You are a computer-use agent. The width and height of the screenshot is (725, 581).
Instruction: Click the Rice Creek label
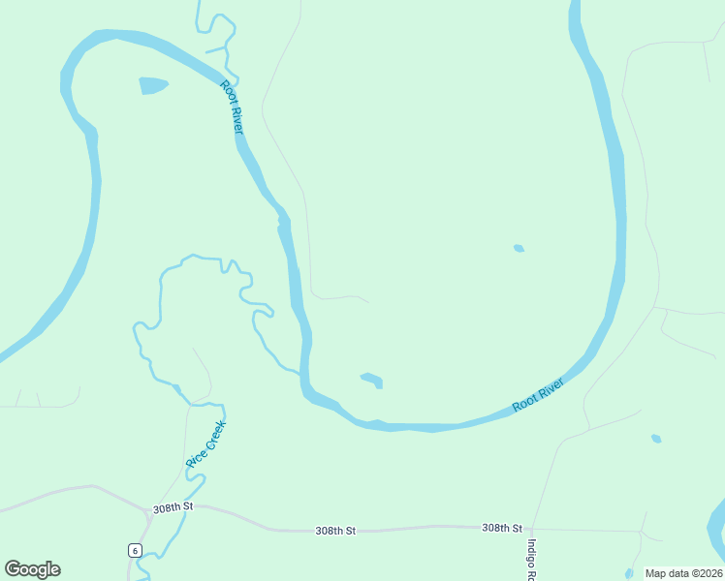[x=205, y=444]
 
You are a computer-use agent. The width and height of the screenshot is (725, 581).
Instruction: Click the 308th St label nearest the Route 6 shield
[x=173, y=507]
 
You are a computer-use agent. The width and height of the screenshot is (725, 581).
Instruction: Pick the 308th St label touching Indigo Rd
[x=502, y=528]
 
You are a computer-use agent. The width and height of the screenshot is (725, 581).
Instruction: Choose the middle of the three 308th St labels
[x=335, y=531]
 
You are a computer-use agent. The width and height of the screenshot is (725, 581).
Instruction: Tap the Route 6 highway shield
[x=135, y=550]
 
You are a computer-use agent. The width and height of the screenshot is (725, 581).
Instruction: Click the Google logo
[x=33, y=569]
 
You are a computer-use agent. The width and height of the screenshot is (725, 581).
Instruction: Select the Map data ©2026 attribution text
[x=683, y=573]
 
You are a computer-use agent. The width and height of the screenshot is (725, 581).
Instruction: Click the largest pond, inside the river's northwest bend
[x=153, y=85]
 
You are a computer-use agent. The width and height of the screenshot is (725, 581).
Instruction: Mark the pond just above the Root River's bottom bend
[x=372, y=380]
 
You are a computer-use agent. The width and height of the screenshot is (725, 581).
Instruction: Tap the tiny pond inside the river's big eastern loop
[x=519, y=249]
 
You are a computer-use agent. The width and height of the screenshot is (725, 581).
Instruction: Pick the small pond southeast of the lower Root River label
[x=656, y=439]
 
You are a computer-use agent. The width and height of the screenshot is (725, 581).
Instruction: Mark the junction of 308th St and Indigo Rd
[x=532, y=529]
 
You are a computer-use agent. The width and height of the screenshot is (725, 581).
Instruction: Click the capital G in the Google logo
[x=14, y=569]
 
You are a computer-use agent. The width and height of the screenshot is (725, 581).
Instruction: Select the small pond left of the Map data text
[x=629, y=573]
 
